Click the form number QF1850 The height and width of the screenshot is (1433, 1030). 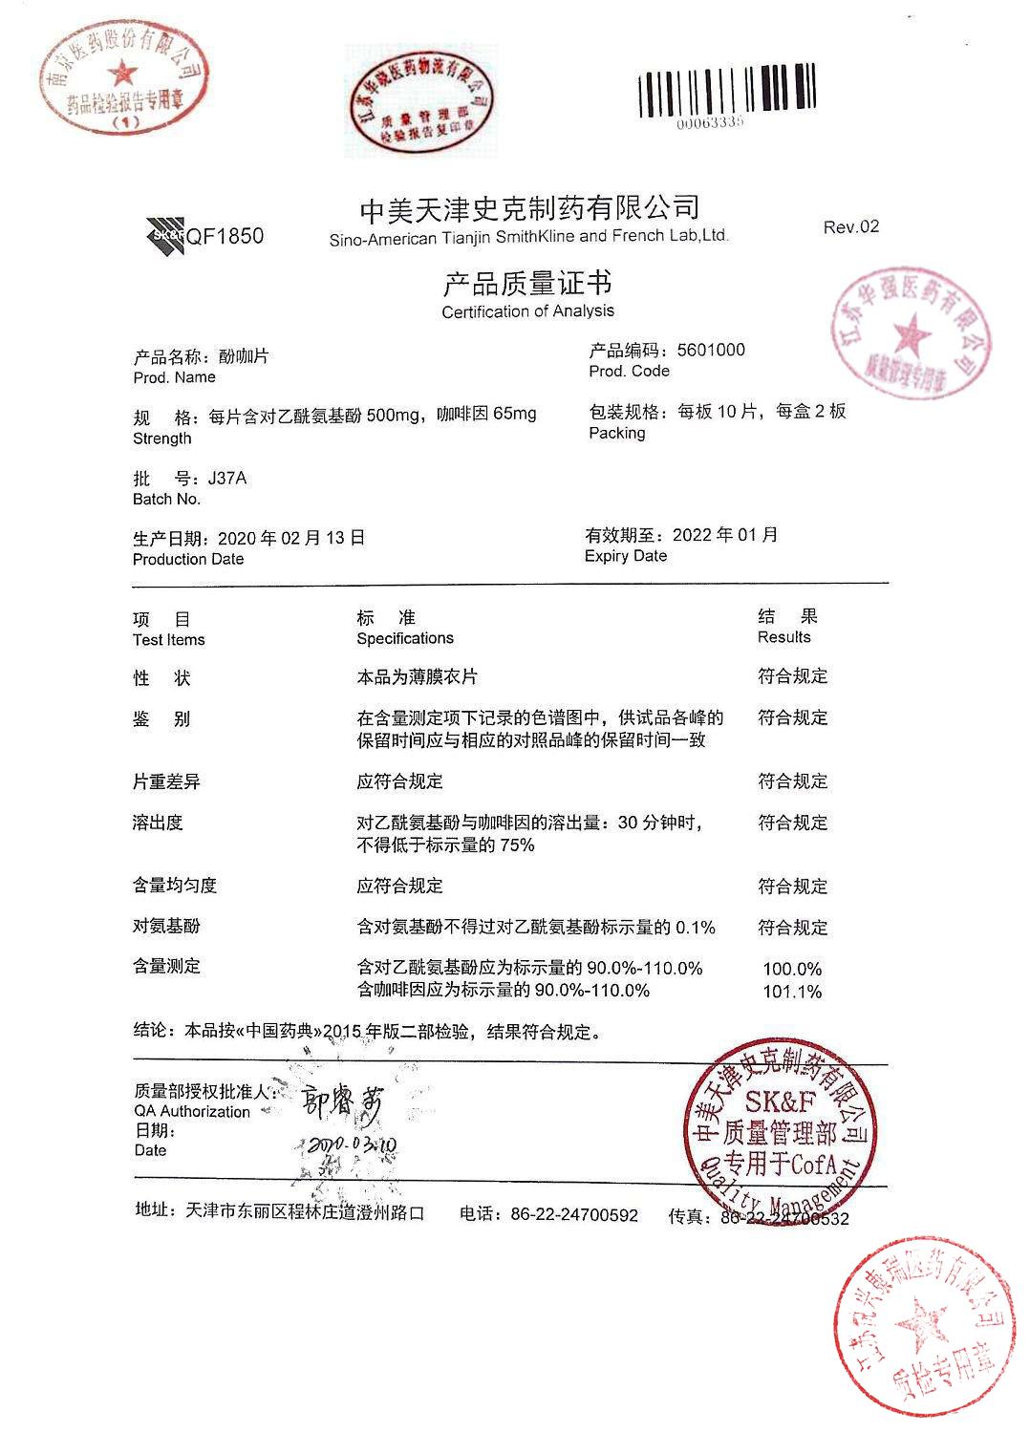tap(225, 237)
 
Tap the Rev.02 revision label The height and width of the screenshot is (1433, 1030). tap(850, 227)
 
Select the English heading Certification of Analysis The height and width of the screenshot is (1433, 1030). tap(527, 311)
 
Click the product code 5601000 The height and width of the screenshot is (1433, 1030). tap(711, 350)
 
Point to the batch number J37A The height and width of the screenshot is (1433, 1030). tap(227, 479)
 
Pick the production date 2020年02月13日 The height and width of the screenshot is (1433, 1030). tap(291, 538)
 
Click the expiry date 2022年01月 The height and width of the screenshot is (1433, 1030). tap(725, 535)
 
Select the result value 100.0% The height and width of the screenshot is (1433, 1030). tap(792, 969)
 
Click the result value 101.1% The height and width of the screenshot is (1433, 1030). tap(792, 992)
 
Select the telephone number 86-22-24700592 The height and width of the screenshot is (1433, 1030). tap(574, 1215)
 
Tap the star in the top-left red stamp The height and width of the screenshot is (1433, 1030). tap(122, 72)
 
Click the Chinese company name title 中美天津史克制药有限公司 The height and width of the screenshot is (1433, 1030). tap(528, 207)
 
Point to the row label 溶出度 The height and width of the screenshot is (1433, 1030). tap(158, 823)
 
